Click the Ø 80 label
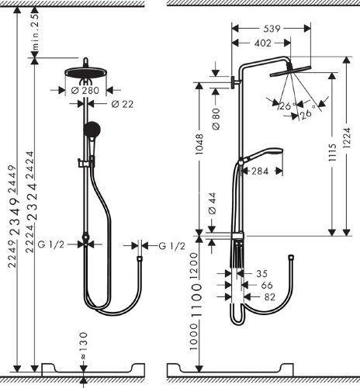coord(213,121)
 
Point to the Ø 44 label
coord(213,205)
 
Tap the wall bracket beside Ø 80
coord(232,84)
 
